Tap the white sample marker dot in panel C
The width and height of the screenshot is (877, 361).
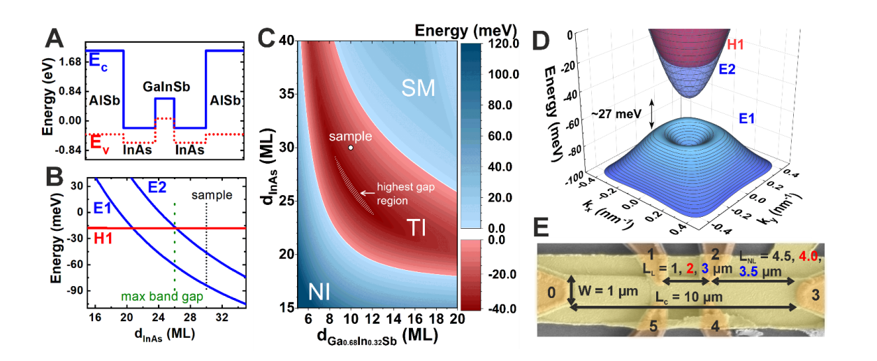point(351,148)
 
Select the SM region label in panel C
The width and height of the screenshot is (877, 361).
point(419,87)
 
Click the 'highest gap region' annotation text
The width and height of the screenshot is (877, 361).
point(403,194)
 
